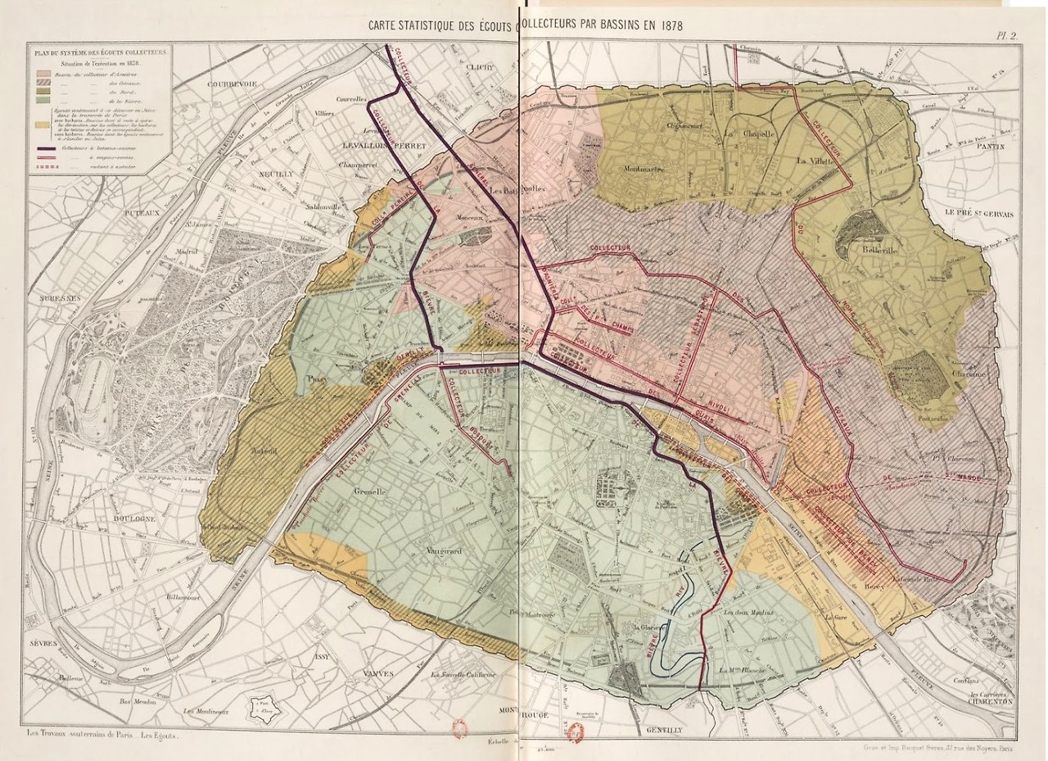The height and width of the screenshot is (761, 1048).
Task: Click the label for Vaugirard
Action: [x=444, y=551]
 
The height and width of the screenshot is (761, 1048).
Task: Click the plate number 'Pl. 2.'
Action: [x=1005, y=34]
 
